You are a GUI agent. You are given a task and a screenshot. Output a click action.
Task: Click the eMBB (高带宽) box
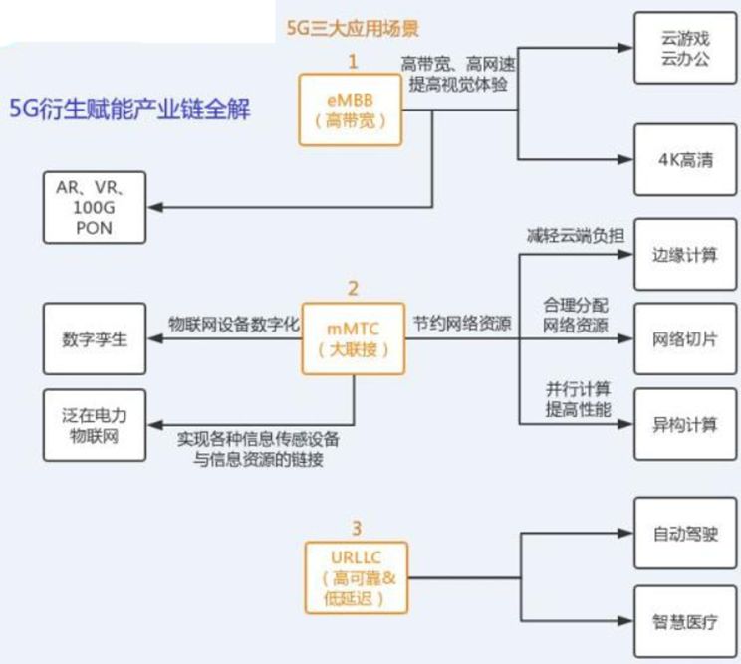pos(351,110)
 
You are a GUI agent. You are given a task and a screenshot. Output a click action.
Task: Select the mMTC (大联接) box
pos(353,338)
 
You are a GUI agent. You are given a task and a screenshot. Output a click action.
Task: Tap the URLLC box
pos(357,577)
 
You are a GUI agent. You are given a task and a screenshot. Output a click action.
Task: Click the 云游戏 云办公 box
pos(685,48)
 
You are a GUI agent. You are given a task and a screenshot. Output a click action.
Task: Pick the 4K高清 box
pos(685,160)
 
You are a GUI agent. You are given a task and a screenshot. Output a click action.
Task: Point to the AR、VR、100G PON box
pos(95,208)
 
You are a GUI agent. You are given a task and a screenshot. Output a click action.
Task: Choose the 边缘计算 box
pos(685,255)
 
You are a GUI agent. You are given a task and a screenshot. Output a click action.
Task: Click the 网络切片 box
pos(685,339)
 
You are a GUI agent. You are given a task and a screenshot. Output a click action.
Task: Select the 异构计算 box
pos(685,424)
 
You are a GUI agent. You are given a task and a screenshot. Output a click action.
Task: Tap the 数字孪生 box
pos(95,339)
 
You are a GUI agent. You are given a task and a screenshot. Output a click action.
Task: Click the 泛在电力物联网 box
pos(95,425)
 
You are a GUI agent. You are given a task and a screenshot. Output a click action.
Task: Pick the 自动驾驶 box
pos(685,534)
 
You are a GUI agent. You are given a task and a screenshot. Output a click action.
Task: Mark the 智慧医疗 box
pos(685,622)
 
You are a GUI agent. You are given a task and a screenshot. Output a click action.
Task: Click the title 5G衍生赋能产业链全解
pos(129,110)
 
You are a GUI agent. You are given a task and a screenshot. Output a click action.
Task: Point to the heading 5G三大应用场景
pos(353,28)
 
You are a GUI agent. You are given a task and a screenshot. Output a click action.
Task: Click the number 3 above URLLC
pos(357,528)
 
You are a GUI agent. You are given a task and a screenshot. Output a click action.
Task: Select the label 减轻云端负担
pos(576,236)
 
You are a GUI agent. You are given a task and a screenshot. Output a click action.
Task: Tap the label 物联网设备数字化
pos(234,325)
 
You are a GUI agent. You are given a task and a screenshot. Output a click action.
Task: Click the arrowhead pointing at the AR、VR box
pos(156,207)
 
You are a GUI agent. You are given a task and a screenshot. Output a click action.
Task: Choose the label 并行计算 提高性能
pos(579,399)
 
